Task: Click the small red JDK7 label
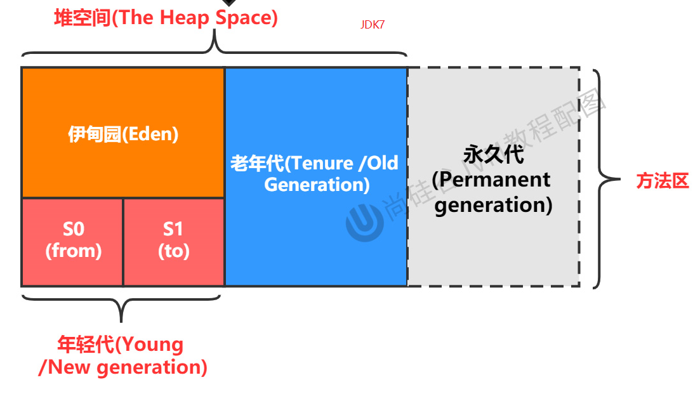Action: (372, 25)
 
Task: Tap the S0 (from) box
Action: (73, 241)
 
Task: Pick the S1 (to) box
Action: (173, 241)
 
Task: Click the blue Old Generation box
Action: (316, 235)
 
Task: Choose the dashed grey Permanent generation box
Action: (493, 247)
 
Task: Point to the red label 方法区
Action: (663, 181)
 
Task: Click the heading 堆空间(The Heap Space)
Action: (166, 17)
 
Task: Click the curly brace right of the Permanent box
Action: (606, 179)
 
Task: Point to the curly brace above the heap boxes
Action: (215, 46)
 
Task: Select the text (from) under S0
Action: (73, 251)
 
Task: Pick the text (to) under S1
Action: (173, 251)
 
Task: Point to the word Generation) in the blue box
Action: (317, 185)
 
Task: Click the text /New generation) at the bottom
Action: (123, 367)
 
